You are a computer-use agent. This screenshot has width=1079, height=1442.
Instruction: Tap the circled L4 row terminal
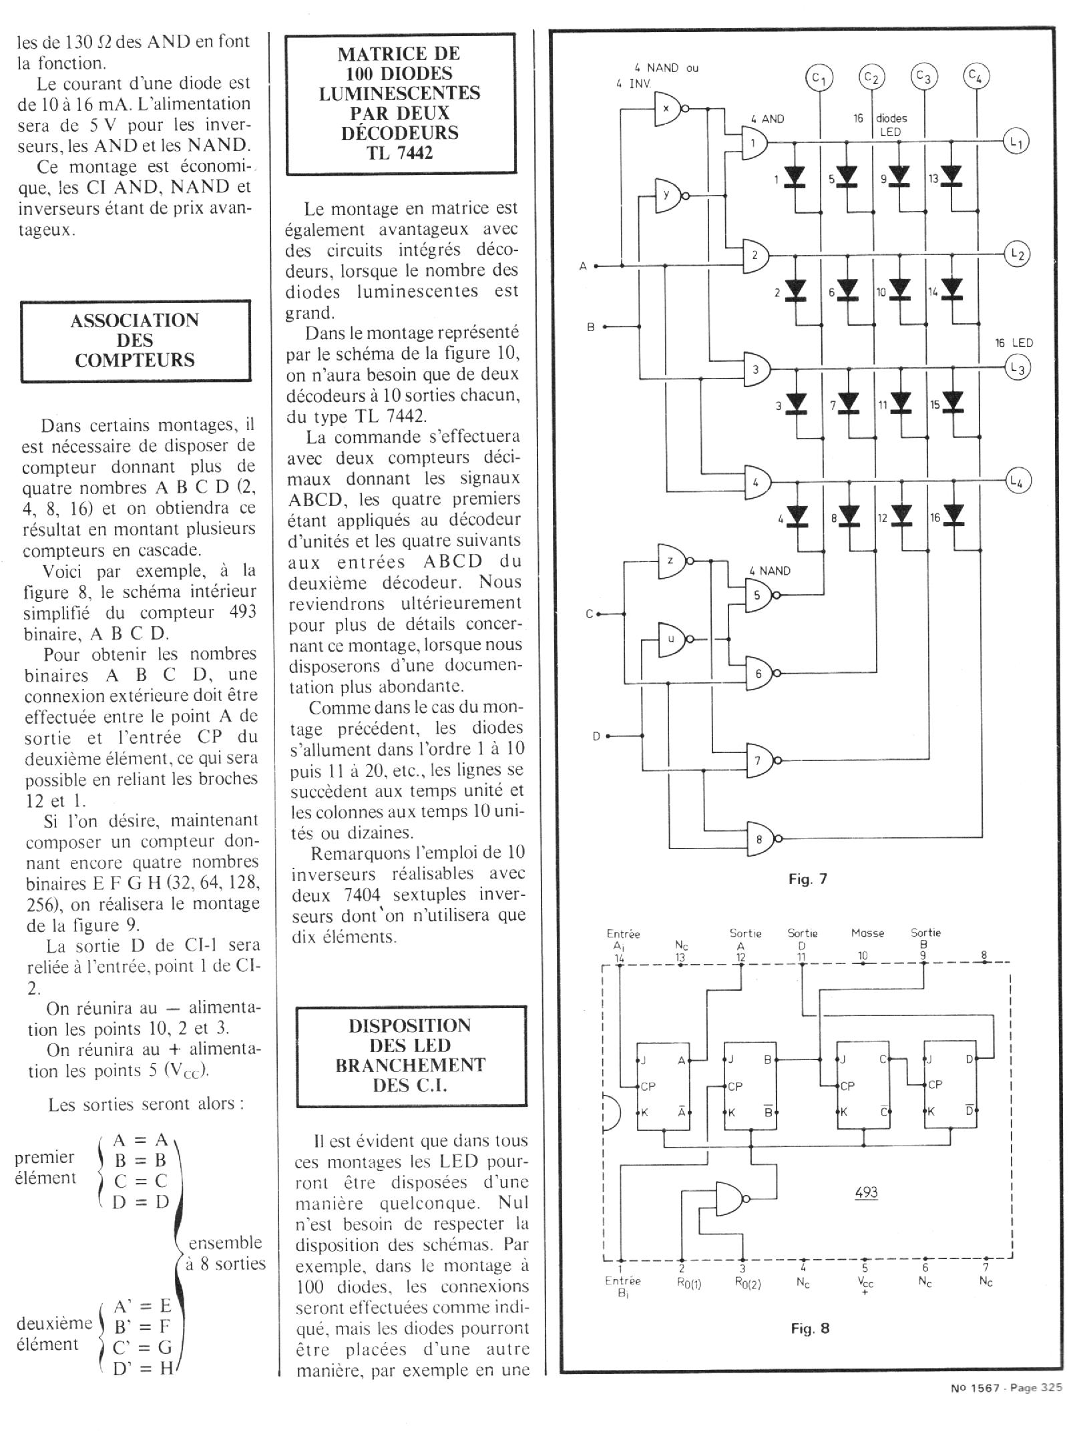tap(1016, 481)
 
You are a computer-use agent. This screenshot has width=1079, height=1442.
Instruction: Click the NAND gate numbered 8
tap(760, 838)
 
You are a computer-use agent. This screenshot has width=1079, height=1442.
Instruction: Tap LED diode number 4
tap(796, 515)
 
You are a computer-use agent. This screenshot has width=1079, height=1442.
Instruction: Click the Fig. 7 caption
tap(808, 879)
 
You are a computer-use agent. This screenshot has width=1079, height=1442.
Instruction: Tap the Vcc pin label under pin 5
tap(865, 1282)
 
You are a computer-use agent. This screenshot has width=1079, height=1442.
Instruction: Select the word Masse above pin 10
tap(867, 933)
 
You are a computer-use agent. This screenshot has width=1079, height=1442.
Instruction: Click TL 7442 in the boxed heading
tap(400, 153)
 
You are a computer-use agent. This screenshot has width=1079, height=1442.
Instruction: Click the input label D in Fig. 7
tap(596, 736)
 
